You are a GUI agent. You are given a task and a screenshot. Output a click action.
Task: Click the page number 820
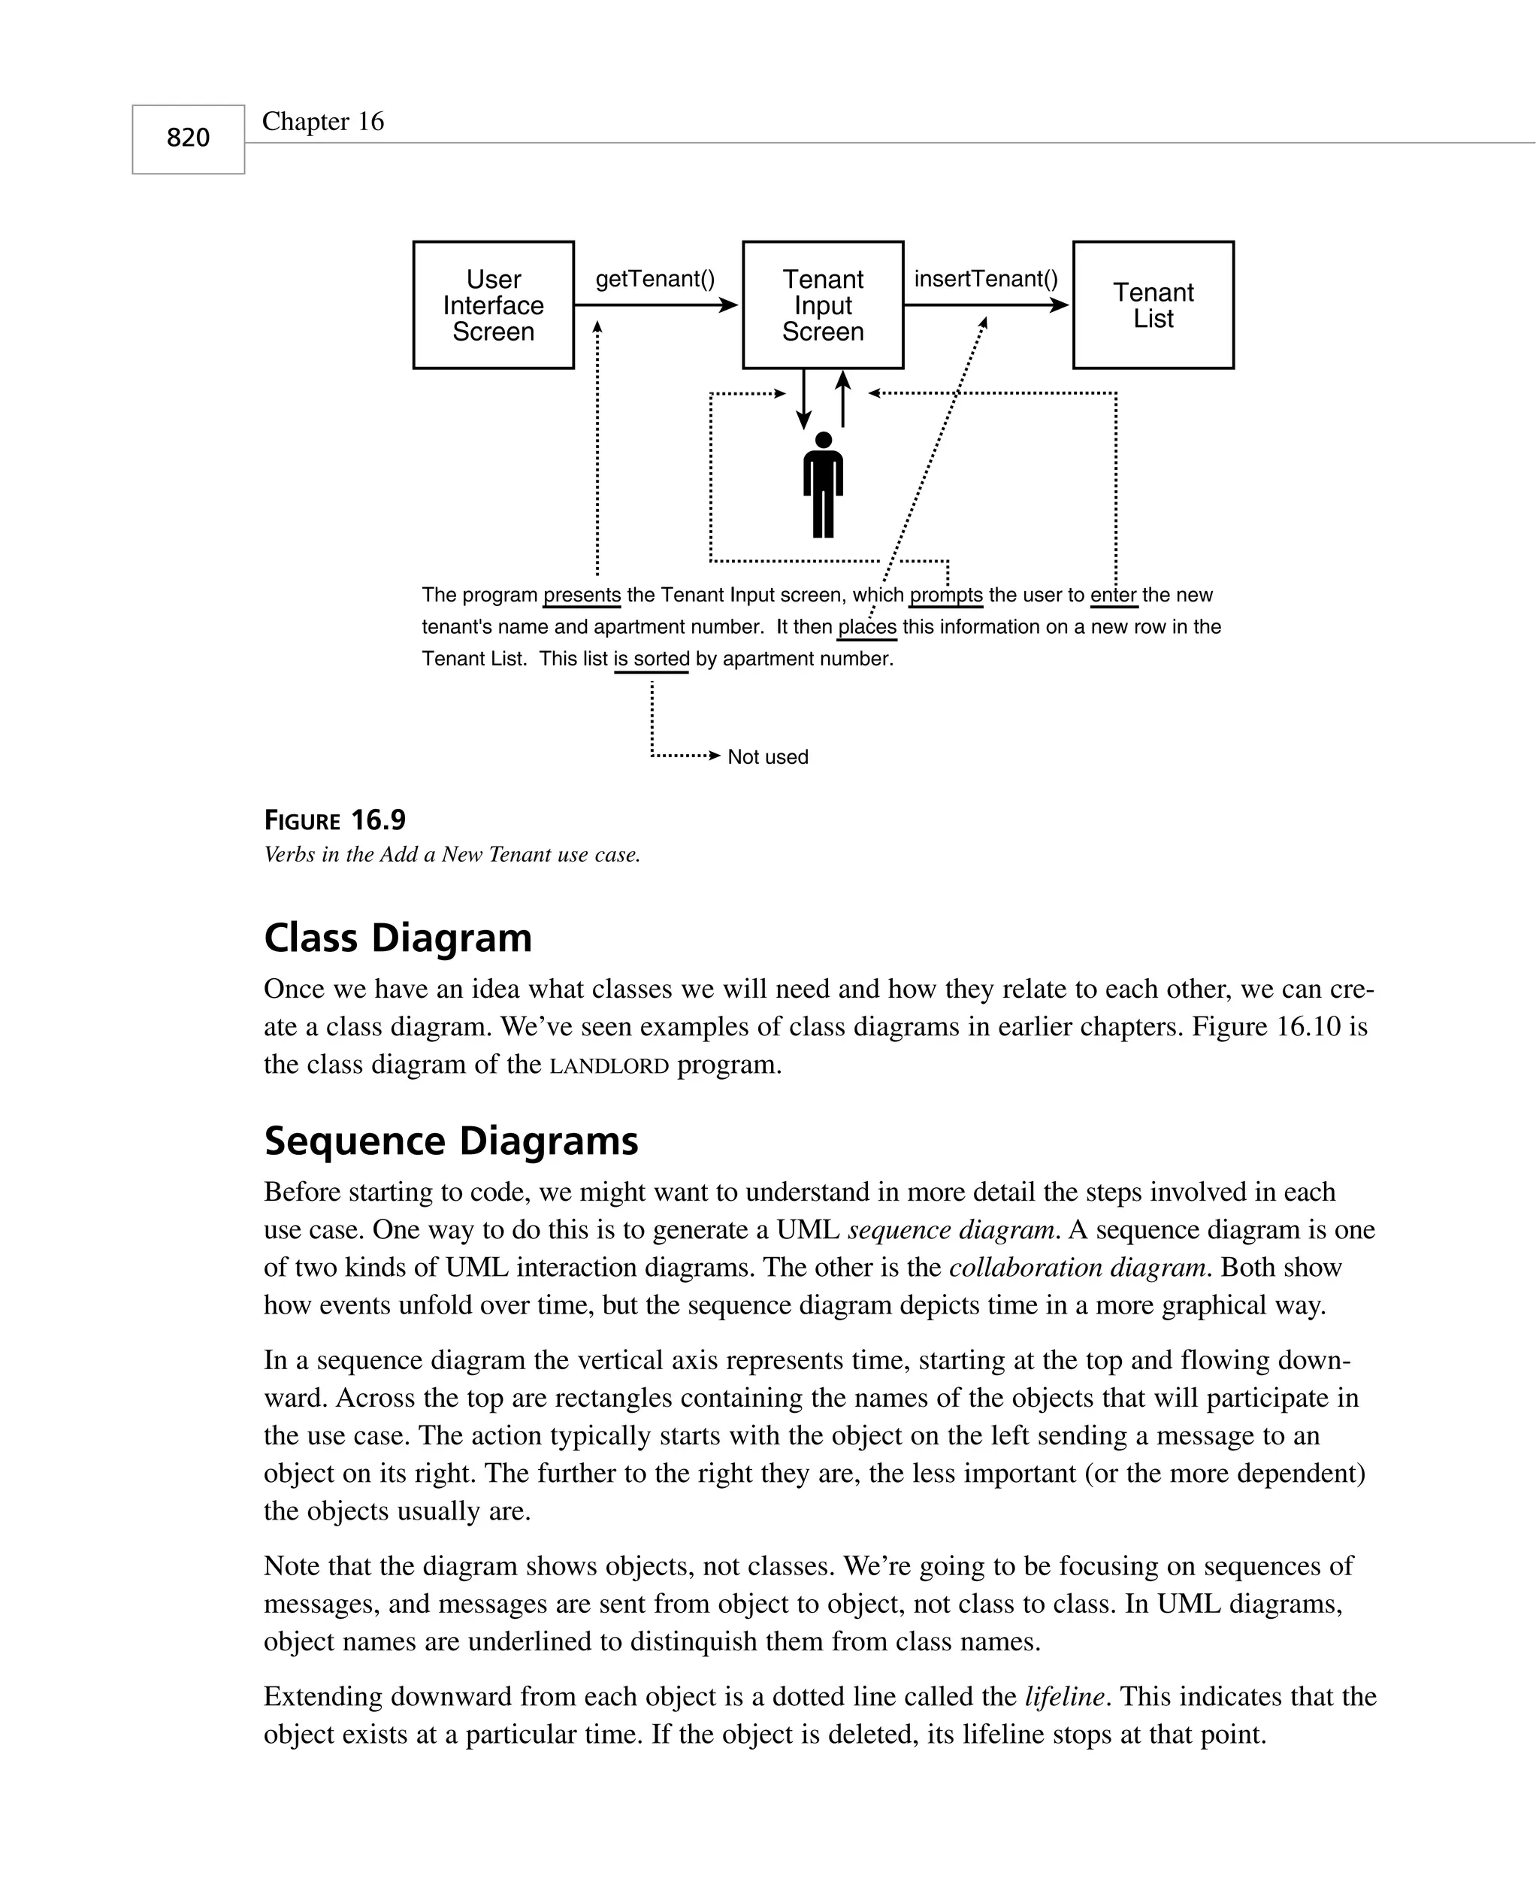pyautogui.click(x=188, y=138)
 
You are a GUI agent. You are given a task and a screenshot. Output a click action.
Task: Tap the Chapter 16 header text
pyautogui.click(x=322, y=122)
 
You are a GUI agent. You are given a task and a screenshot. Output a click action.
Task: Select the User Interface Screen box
pyautogui.click(x=493, y=305)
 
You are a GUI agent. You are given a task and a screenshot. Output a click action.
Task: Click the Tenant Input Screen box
pyautogui.click(x=823, y=305)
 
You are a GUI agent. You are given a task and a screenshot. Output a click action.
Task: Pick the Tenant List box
pyautogui.click(x=1153, y=305)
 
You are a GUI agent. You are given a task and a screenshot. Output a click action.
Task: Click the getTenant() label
pyautogui.click(x=655, y=280)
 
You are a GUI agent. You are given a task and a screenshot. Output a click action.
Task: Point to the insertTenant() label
pyautogui.click(x=986, y=280)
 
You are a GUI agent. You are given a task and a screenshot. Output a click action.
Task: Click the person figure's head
pyautogui.click(x=824, y=441)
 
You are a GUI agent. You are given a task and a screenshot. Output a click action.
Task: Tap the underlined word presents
pyautogui.click(x=582, y=595)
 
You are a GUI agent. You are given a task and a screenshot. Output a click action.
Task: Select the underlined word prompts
pyautogui.click(x=946, y=595)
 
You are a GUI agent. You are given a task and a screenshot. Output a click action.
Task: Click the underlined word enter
pyautogui.click(x=1114, y=595)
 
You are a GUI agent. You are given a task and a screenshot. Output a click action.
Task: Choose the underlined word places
pyautogui.click(x=867, y=628)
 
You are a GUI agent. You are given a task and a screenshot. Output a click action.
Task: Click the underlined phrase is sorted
pyautogui.click(x=652, y=659)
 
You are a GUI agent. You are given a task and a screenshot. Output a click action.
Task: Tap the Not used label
pyautogui.click(x=768, y=757)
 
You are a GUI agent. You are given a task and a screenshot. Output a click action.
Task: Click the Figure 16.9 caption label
pyautogui.click(x=335, y=820)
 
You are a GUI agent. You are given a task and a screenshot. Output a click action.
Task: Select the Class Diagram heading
pyautogui.click(x=398, y=938)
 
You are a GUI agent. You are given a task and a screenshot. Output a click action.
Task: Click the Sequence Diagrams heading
pyautogui.click(x=451, y=1141)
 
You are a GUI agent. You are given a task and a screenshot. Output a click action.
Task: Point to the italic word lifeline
pyautogui.click(x=1064, y=1697)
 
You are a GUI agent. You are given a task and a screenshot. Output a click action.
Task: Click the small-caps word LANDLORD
pyautogui.click(x=609, y=1066)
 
